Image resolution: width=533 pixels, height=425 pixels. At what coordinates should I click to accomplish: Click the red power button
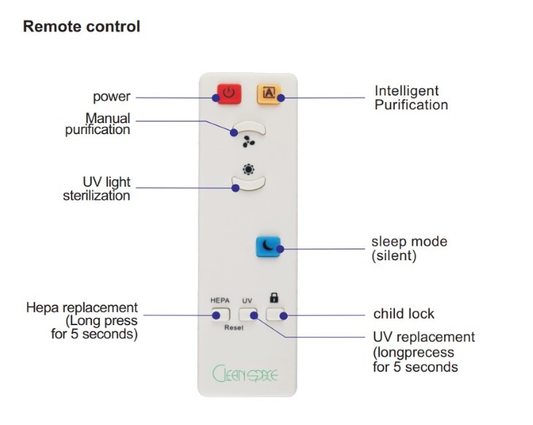pyautogui.click(x=229, y=94)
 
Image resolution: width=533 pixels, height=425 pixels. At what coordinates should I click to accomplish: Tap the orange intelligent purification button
pyautogui.click(x=269, y=94)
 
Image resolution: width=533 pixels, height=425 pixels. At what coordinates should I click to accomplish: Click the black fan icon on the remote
pyautogui.click(x=249, y=141)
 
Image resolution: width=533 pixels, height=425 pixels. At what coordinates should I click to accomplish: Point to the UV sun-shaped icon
pyautogui.click(x=248, y=169)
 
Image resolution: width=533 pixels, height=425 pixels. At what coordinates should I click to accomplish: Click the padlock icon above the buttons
pyautogui.click(x=274, y=297)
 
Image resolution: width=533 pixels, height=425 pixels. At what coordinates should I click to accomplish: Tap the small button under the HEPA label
pyautogui.click(x=221, y=315)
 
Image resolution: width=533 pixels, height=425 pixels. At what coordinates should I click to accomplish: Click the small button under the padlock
pyautogui.click(x=275, y=314)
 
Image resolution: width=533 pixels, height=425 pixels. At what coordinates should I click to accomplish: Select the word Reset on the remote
pyautogui.click(x=234, y=327)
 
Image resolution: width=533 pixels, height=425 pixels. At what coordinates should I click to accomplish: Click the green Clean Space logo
pyautogui.click(x=245, y=373)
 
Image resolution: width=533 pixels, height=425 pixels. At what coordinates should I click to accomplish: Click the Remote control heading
pyautogui.click(x=82, y=26)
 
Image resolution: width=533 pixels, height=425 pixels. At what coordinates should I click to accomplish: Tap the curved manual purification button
pyautogui.click(x=248, y=128)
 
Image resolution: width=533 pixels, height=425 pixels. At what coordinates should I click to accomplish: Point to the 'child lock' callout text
pyautogui.click(x=404, y=313)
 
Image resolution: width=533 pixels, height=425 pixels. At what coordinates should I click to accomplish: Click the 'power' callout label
pyautogui.click(x=112, y=97)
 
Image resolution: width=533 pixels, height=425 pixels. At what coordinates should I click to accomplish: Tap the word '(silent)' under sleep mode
pyautogui.click(x=394, y=256)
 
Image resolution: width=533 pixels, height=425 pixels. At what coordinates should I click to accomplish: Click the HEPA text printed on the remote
pyautogui.click(x=220, y=300)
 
